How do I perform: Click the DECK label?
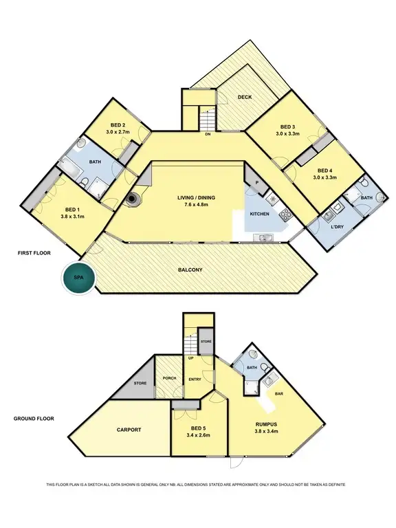click(x=244, y=98)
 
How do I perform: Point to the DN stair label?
click(x=208, y=135)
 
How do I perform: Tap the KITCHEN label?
click(x=259, y=214)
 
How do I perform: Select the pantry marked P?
click(x=256, y=184)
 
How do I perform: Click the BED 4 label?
click(x=326, y=170)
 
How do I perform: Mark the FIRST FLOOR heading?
click(x=32, y=254)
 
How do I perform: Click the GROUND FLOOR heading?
click(x=34, y=418)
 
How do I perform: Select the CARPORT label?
click(x=129, y=430)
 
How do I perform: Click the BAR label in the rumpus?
click(x=280, y=394)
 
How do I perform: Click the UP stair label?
click(x=191, y=357)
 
